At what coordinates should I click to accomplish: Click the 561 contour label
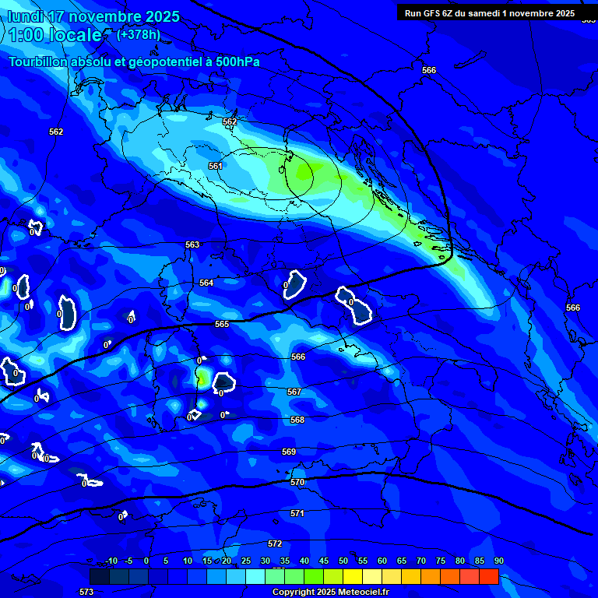tap(216, 166)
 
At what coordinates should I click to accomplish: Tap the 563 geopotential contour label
tap(192, 244)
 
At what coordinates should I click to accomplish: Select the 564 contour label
tap(206, 283)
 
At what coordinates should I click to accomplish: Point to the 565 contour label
tap(222, 324)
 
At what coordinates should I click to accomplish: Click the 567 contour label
tap(294, 392)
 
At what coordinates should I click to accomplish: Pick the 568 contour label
tap(297, 420)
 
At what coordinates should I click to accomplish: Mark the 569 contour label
tap(289, 452)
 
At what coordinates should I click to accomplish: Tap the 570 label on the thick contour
tap(297, 483)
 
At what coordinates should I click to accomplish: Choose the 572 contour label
tap(275, 543)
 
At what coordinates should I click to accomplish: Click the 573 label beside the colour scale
tap(86, 592)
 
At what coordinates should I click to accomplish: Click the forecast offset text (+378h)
tap(139, 34)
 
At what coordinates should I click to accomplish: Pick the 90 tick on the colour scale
tap(498, 561)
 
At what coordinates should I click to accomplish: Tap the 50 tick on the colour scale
tap(343, 561)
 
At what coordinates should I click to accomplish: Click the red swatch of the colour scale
tap(488, 576)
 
